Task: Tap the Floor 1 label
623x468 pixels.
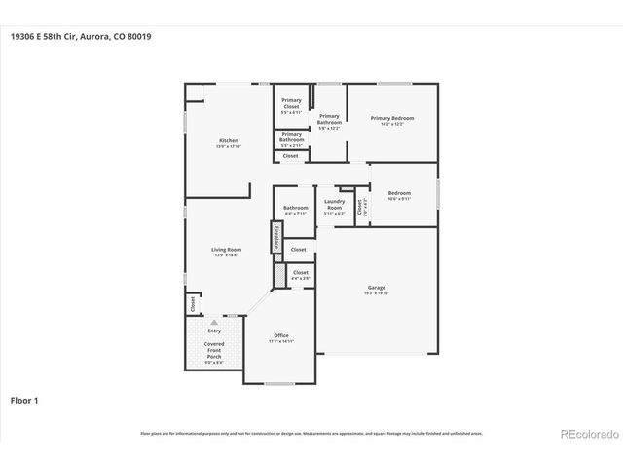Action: [24, 399]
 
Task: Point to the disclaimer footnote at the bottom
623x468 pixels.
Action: [311, 433]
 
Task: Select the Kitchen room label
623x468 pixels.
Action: [229, 140]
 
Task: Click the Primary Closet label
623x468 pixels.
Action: [291, 103]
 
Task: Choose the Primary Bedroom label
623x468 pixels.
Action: [386, 119]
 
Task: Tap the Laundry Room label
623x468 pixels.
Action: [334, 206]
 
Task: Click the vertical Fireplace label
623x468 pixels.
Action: [276, 235]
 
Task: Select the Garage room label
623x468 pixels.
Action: [376, 287]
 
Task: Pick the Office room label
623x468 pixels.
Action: [280, 335]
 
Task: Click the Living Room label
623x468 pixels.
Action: [227, 250]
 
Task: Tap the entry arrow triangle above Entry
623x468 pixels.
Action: [213, 321]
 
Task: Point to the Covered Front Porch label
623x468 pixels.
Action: [213, 351]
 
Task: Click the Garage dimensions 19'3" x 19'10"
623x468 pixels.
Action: [376, 293]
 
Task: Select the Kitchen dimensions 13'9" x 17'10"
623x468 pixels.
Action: [229, 146]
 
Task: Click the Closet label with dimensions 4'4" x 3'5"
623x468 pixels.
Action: [300, 273]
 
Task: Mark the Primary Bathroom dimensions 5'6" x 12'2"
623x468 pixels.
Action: [329, 128]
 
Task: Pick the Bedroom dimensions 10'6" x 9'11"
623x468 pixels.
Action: [399, 199]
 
